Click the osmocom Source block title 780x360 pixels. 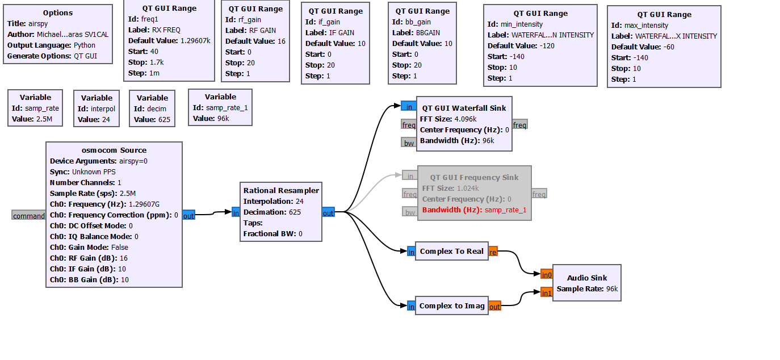click(114, 150)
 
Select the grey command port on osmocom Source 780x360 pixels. click(28, 216)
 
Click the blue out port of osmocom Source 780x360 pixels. click(188, 216)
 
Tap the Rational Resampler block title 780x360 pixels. click(281, 190)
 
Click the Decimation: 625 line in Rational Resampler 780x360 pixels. click(272, 212)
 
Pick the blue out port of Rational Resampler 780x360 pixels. click(328, 213)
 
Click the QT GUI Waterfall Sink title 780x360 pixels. click(464, 108)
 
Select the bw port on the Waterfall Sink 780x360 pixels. click(409, 143)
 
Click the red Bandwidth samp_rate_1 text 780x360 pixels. click(474, 210)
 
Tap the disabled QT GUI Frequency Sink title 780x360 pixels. click(474, 177)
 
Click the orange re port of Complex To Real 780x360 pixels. click(493, 252)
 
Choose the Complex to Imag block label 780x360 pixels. click(452, 305)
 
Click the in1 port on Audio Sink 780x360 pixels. click(546, 293)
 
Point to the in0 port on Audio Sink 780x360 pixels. click(546, 275)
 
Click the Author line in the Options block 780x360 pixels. click(57, 34)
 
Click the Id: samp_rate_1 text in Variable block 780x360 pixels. click(219, 107)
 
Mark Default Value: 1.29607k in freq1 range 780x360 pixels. click(169, 41)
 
